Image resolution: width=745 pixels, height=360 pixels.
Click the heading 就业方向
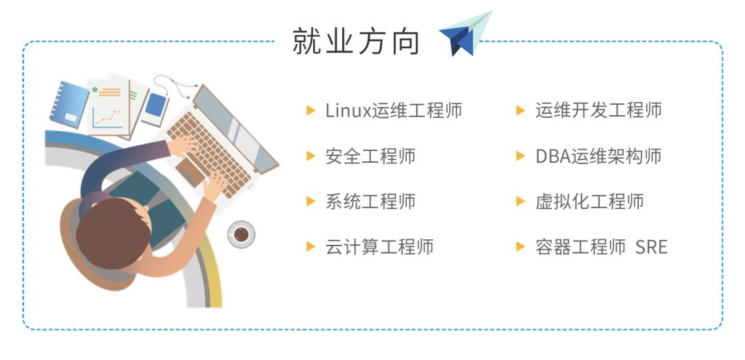click(356, 41)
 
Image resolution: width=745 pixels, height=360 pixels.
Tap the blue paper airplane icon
click(465, 34)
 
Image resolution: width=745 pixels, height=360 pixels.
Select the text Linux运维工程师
click(393, 110)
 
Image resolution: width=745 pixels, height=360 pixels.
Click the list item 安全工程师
click(370, 157)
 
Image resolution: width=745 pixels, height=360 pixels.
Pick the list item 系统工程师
click(370, 201)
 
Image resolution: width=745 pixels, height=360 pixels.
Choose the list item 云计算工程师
click(379, 247)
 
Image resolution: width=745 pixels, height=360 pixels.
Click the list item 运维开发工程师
click(599, 110)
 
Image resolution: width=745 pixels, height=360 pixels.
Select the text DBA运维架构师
click(599, 157)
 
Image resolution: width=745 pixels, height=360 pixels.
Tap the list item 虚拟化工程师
click(590, 201)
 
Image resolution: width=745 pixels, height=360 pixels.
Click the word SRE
click(651, 247)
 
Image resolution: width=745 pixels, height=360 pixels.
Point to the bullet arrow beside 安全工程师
click(310, 157)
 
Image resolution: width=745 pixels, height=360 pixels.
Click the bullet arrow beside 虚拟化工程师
click(521, 201)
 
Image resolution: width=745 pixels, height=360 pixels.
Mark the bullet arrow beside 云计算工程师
click(310, 247)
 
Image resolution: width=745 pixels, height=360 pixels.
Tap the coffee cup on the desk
click(241, 234)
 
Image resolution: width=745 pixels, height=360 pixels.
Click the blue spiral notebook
click(70, 105)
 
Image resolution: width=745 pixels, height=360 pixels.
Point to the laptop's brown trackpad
click(190, 172)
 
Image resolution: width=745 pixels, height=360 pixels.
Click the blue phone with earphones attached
click(155, 105)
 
